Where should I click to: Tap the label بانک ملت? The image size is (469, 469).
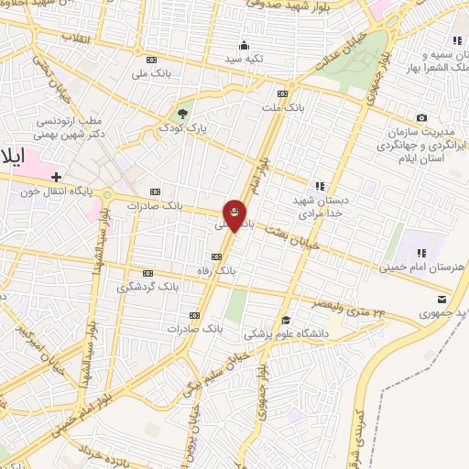(x=284, y=107)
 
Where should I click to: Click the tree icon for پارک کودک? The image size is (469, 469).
(x=182, y=115)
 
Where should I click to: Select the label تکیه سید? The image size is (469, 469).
(x=245, y=59)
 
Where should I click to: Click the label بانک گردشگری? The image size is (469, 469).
(x=147, y=287)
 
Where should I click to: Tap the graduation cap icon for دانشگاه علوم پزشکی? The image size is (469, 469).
(x=286, y=320)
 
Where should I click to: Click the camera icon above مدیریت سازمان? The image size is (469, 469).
(x=421, y=118)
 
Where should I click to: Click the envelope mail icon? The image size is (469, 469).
(x=442, y=300)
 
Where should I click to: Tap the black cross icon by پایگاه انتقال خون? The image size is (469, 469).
(x=57, y=176)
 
